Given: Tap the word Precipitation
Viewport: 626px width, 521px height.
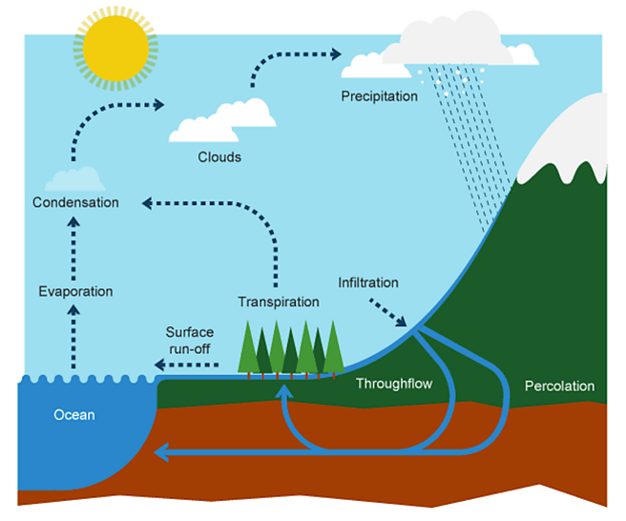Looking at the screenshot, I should [x=379, y=96].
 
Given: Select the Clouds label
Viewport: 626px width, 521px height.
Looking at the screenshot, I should [x=219, y=156].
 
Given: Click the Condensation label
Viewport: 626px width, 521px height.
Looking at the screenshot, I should [x=75, y=202].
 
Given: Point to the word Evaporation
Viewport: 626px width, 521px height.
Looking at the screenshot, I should [x=75, y=291].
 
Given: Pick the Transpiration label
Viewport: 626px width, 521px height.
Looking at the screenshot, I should [x=278, y=302].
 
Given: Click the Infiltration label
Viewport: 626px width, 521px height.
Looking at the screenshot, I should [x=368, y=282].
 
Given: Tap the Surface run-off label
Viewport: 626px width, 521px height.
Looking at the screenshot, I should [x=189, y=340].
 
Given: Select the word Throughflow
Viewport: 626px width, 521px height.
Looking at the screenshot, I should [x=394, y=384].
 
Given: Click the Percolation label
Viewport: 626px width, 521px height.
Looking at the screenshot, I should [x=559, y=386].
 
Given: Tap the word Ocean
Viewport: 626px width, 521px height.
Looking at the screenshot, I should [x=73, y=415].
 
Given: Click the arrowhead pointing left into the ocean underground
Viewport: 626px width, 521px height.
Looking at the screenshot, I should [x=162, y=451].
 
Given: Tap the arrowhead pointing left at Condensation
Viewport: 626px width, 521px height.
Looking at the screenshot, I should [x=147, y=202].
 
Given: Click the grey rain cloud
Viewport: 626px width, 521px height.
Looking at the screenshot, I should [x=452, y=37].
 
